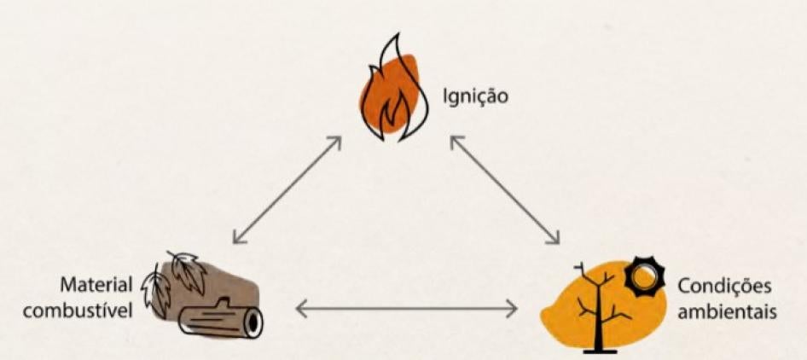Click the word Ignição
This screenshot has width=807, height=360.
pos(474,96)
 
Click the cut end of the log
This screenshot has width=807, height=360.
pos(253,322)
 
